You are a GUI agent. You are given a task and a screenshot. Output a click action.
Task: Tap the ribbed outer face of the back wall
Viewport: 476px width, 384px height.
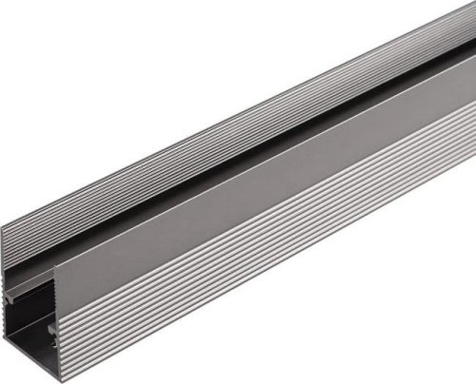coord(190,143)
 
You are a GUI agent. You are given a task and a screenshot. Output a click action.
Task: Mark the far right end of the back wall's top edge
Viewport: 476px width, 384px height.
coord(471,9)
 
